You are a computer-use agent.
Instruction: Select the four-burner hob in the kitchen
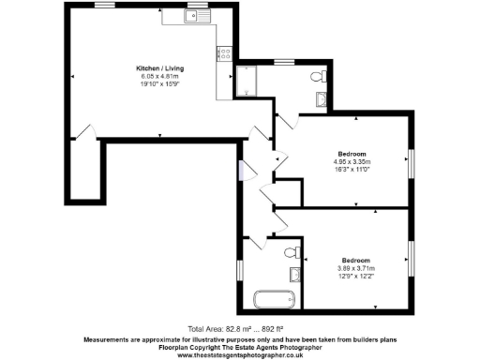point(226,54)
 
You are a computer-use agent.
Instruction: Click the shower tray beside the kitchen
point(247,82)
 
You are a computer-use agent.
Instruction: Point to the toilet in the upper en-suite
point(319,76)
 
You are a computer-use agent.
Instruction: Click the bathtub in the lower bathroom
point(275,301)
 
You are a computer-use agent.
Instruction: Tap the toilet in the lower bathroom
point(295,251)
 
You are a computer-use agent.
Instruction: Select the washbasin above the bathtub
point(294,274)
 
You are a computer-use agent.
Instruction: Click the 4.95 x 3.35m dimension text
point(352,161)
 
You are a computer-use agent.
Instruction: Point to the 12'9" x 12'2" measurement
point(355,275)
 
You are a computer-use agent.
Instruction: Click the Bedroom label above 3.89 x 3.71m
point(355,259)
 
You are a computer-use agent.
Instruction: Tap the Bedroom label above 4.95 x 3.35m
point(352,153)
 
